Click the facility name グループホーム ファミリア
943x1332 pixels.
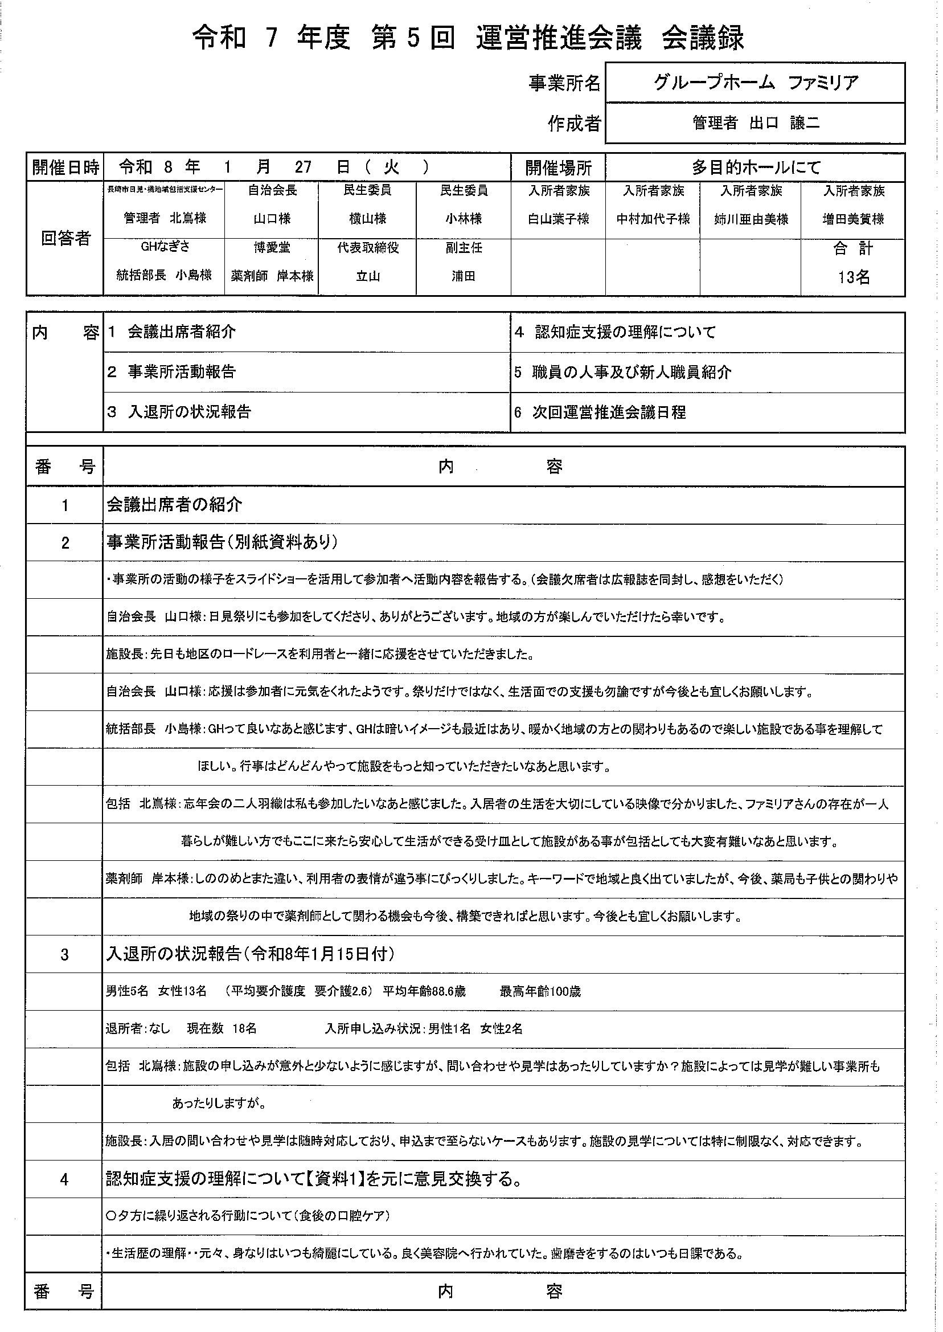756,83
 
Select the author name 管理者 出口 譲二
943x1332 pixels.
756,123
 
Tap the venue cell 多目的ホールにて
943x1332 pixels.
756,168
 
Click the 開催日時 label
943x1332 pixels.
65,168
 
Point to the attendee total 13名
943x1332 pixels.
853,277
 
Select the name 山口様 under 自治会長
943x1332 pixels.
272,219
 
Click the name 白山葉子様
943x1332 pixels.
558,219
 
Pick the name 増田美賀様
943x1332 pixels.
853,219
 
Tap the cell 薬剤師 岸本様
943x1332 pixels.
272,276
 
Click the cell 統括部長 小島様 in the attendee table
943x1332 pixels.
165,275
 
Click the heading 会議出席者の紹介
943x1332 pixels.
174,505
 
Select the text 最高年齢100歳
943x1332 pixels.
540,991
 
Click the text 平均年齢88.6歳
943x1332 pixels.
424,991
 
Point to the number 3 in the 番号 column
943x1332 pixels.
64,954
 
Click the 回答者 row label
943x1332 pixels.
65,238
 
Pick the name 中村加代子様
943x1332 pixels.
653,219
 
